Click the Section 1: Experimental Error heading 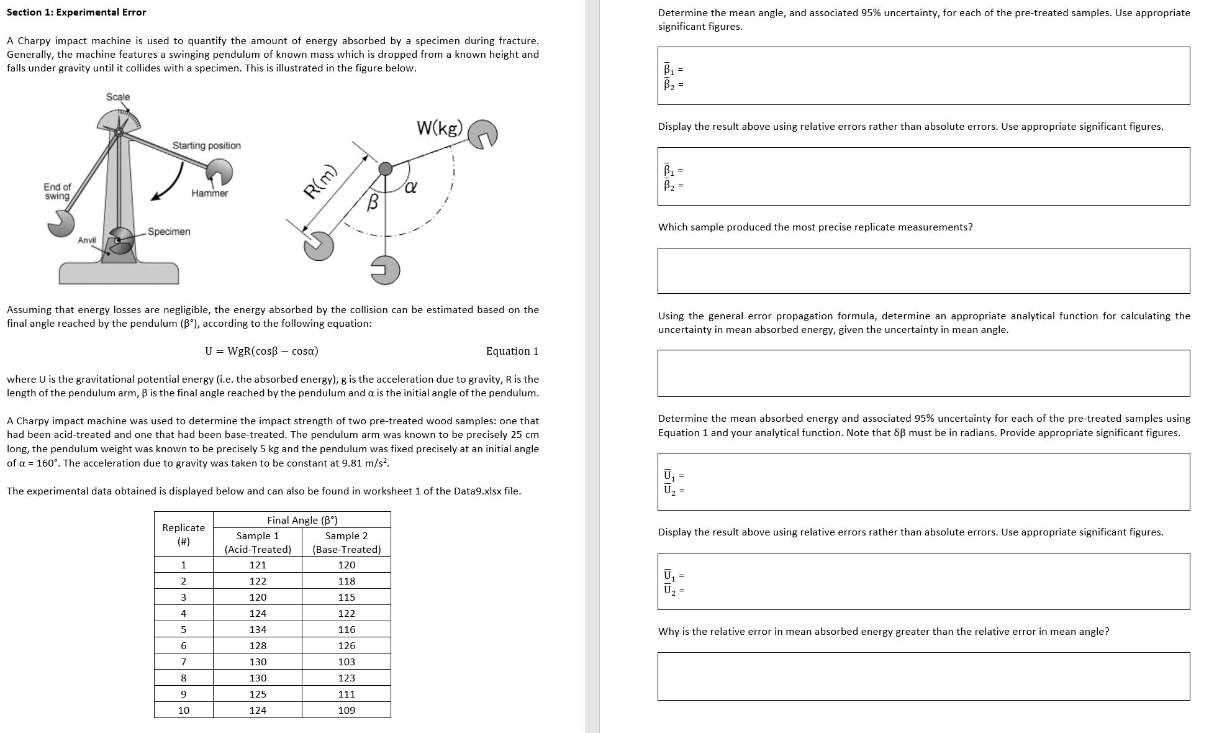[76, 12]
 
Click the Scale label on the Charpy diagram [118, 97]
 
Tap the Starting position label [206, 145]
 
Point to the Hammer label [209, 193]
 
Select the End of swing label [57, 191]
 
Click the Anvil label [87, 240]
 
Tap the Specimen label [169, 232]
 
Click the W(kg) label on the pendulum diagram [440, 129]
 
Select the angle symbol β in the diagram [373, 202]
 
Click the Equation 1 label [512, 351]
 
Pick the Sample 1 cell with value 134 [258, 629]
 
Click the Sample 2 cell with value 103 [346, 662]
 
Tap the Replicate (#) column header [183, 534]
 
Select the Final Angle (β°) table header [302, 520]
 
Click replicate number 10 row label [184, 710]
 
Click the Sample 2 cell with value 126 [346, 645]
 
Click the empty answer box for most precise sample [923, 271]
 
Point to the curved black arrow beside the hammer [168, 184]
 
